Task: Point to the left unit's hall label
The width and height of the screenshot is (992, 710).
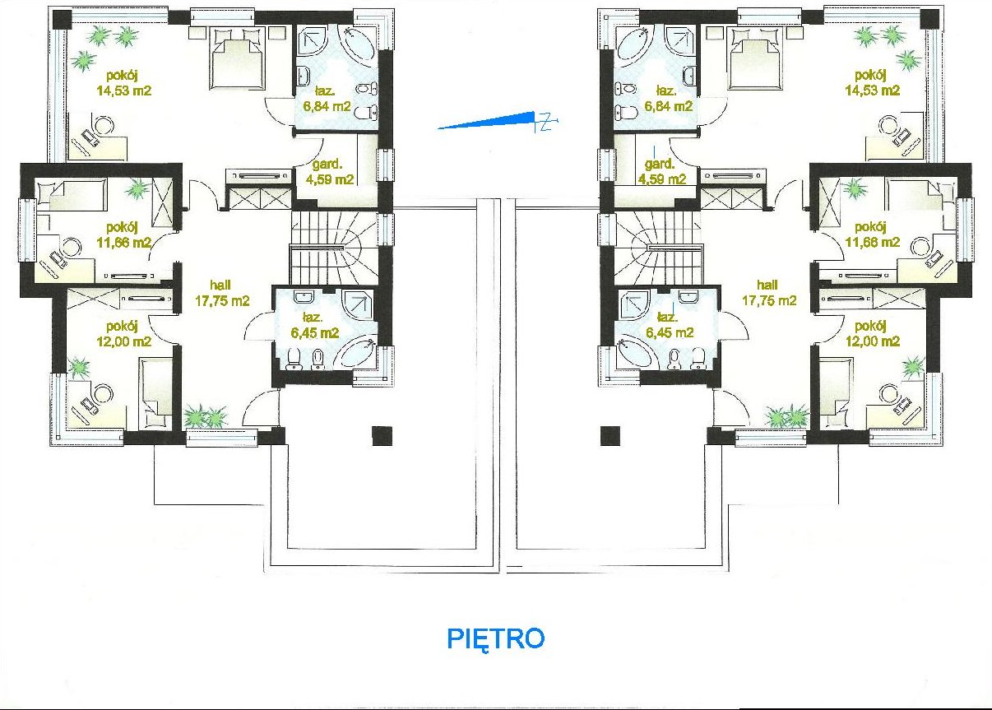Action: coord(220,285)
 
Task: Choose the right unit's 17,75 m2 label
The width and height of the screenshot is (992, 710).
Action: coord(769,301)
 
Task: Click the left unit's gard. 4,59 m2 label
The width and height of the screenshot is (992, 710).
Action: coord(330,172)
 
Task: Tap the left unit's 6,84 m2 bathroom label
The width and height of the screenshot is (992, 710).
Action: coord(327,106)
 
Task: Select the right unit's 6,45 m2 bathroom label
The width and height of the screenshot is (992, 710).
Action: coord(670,332)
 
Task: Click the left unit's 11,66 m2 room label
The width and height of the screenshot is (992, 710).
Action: coord(124,243)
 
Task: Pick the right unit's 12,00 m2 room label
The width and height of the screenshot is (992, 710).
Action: coord(873,341)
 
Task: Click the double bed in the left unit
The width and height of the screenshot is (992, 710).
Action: coord(236,58)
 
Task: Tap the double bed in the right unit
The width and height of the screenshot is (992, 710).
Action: coord(755,58)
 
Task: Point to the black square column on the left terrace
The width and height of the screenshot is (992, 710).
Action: coord(382,436)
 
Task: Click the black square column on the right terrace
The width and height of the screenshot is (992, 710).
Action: coord(610,436)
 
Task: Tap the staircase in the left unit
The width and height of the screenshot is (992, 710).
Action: coord(334,248)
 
